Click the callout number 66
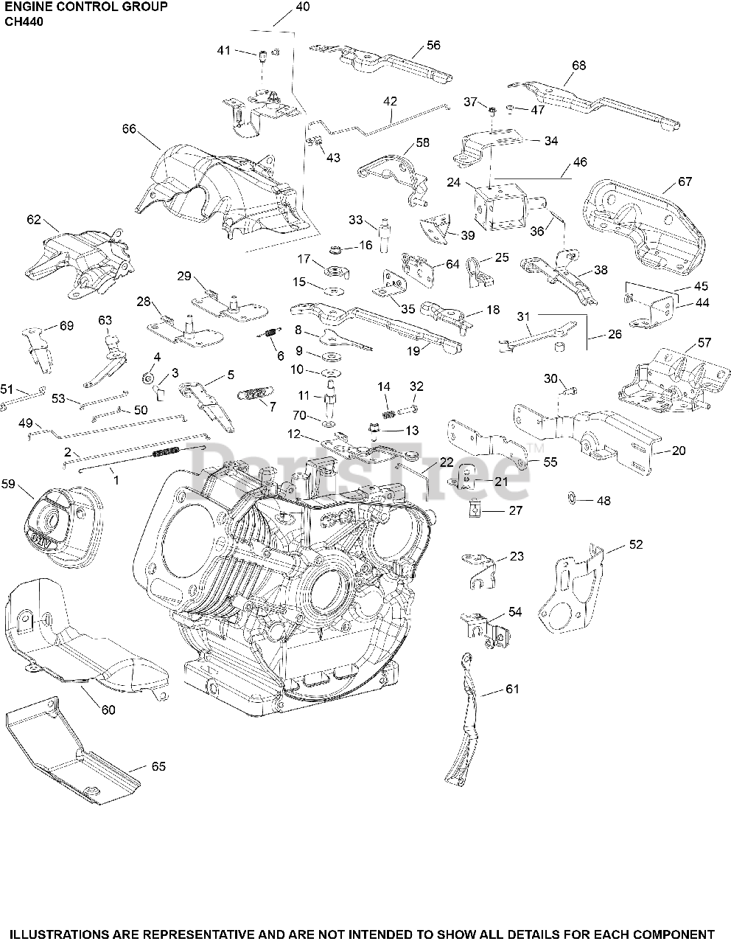(130, 129)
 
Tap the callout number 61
(512, 689)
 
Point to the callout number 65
(158, 766)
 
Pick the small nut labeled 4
(147, 379)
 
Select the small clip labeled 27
(476, 509)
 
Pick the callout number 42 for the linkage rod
(390, 101)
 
